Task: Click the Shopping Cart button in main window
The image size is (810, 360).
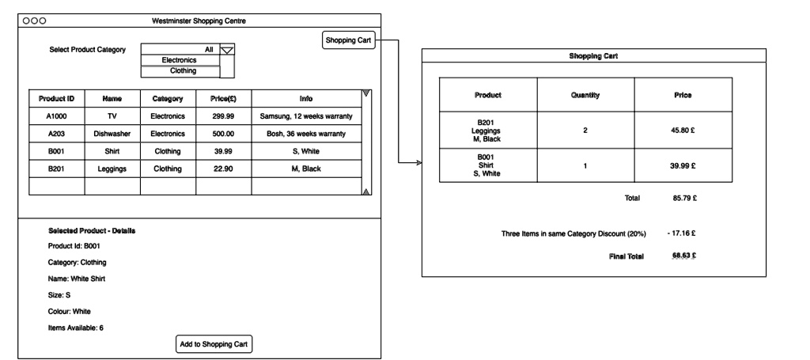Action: pyautogui.click(x=349, y=40)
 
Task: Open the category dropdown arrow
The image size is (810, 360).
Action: pyautogui.click(x=227, y=50)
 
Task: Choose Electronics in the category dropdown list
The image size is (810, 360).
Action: pyautogui.click(x=179, y=60)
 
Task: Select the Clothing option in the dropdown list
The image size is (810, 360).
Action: pyautogui.click(x=179, y=70)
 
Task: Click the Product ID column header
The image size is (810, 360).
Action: pyautogui.click(x=56, y=99)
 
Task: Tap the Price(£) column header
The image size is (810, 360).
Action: pyautogui.click(x=224, y=99)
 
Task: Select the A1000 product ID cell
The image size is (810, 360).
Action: pyautogui.click(x=56, y=116)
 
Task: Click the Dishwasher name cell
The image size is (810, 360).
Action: pyautogui.click(x=112, y=135)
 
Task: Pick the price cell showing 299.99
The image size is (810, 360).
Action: pyautogui.click(x=224, y=116)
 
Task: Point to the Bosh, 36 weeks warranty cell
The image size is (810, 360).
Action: pyautogui.click(x=305, y=135)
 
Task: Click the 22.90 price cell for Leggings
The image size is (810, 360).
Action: pyautogui.click(x=224, y=169)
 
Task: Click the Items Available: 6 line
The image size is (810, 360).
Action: pyautogui.click(x=75, y=328)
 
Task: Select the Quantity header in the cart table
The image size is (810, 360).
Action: pyautogui.click(x=585, y=95)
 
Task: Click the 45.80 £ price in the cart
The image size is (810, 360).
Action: pyautogui.click(x=683, y=130)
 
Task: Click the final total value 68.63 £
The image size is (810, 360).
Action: pyautogui.click(x=683, y=256)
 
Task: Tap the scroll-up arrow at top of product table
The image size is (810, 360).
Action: pyautogui.click(x=365, y=94)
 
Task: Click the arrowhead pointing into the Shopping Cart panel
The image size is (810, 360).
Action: pyautogui.click(x=419, y=164)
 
